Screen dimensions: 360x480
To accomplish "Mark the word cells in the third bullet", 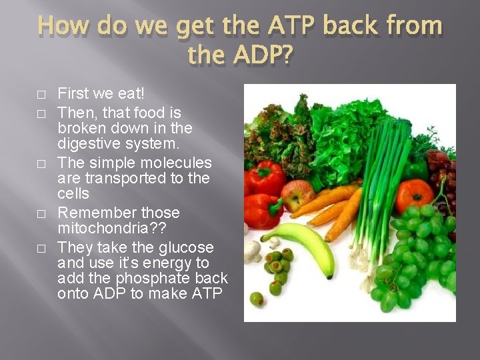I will (x=73, y=194).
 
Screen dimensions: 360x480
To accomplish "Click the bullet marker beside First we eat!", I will (x=41, y=94).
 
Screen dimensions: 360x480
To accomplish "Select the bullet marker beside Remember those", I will (x=41, y=214).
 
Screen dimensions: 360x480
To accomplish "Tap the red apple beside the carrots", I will (x=297, y=195).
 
